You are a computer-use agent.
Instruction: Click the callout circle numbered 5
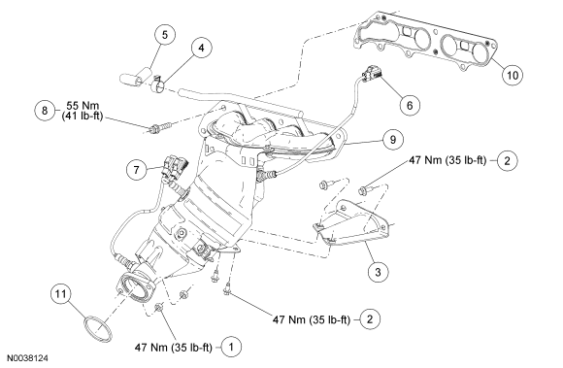(x=165, y=34)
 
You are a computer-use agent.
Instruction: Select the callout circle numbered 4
(x=201, y=48)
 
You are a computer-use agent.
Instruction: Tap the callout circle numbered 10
(x=513, y=75)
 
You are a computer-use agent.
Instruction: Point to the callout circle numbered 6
(x=410, y=105)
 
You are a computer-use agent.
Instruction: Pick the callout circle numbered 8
(x=45, y=110)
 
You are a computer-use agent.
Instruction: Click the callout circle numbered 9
(x=393, y=139)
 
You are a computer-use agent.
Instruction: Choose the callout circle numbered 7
(x=137, y=169)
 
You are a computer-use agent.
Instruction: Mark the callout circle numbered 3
(x=379, y=272)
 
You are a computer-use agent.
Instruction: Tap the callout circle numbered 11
(x=60, y=293)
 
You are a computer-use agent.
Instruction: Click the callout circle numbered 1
(x=231, y=347)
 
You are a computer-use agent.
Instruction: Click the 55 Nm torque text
(x=83, y=106)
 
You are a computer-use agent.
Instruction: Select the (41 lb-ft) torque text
(x=83, y=116)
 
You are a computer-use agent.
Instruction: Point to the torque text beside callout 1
(x=174, y=348)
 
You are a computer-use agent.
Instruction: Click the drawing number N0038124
(x=28, y=358)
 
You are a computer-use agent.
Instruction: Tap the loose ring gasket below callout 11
(x=97, y=328)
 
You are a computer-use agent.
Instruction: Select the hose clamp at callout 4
(x=157, y=84)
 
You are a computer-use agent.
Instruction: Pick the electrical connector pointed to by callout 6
(x=372, y=73)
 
